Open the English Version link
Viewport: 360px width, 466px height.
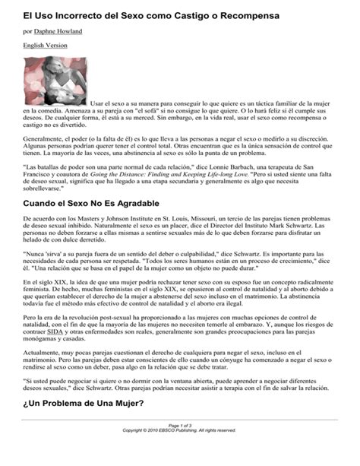(x=45, y=46)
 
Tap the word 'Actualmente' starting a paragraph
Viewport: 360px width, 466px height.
(x=41, y=374)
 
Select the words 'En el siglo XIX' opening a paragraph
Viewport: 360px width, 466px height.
(x=47, y=283)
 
